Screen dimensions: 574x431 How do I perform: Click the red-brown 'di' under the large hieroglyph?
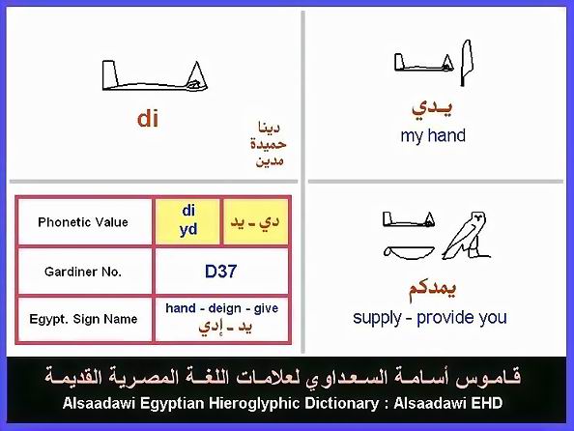148,119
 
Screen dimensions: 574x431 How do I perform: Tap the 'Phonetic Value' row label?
83,222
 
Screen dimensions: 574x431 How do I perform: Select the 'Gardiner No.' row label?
83,272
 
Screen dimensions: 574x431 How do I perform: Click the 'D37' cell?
220,272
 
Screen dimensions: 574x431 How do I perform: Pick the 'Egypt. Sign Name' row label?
83,319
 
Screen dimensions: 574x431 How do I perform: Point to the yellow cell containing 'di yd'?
188,221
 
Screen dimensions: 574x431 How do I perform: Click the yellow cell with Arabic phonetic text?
255,221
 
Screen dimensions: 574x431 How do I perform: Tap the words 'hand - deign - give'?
222,308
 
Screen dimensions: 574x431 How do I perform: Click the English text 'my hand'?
433,135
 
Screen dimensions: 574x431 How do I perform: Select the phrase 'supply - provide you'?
430,318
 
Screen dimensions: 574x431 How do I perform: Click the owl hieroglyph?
467,235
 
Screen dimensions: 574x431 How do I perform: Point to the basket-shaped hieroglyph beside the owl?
409,252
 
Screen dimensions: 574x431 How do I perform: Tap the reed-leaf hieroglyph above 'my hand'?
466,62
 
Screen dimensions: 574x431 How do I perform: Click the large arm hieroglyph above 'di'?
155,75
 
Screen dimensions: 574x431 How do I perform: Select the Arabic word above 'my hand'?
432,107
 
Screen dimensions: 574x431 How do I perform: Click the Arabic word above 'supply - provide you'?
432,289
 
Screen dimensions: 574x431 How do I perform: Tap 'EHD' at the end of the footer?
486,403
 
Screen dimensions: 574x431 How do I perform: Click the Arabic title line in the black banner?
282,377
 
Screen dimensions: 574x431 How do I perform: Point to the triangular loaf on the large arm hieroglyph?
197,75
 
